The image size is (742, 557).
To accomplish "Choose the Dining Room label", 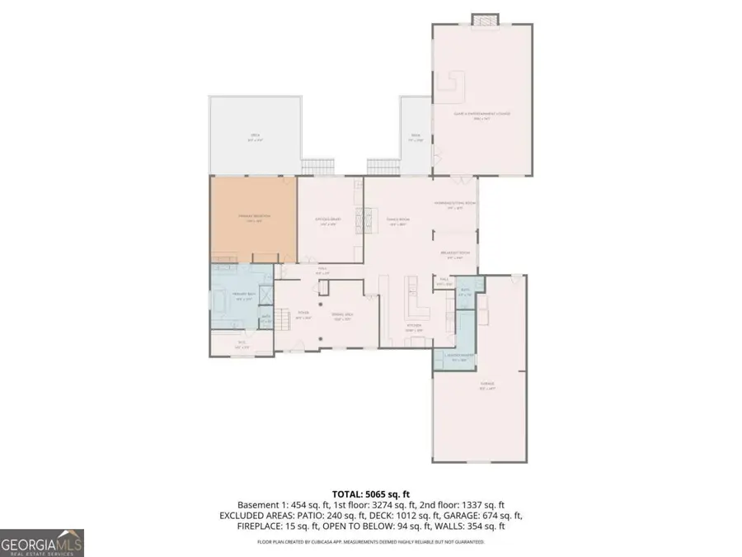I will click(398, 220).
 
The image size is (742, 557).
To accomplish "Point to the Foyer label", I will click(303, 314).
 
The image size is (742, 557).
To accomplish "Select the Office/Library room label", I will click(328, 220).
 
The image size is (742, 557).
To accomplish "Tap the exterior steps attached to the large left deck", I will click(317, 166).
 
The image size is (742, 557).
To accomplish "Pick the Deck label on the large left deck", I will click(255, 138).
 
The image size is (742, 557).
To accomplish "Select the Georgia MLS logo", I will click(41, 542).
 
